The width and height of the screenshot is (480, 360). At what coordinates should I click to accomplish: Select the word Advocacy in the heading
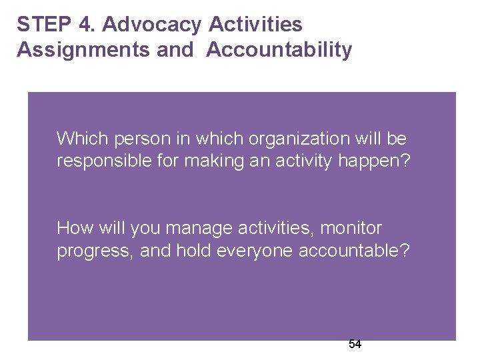(x=153, y=25)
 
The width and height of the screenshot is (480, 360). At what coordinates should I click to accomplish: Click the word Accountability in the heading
(x=279, y=50)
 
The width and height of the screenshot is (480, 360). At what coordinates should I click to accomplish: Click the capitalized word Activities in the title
(x=255, y=25)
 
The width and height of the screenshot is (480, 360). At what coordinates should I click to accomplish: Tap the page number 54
(x=355, y=344)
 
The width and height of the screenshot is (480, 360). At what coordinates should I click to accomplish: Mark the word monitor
(x=351, y=228)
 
